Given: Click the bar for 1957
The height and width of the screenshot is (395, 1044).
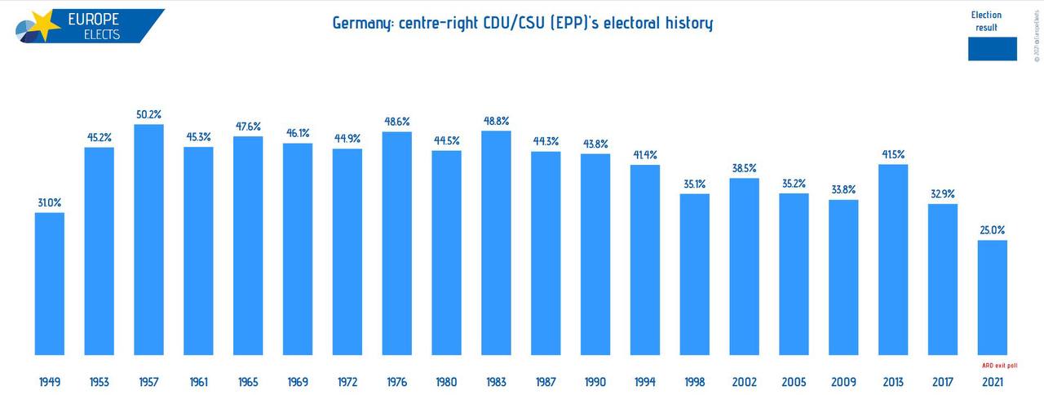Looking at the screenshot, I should click(149, 240).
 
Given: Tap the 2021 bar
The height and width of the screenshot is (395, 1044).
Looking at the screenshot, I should click(993, 298).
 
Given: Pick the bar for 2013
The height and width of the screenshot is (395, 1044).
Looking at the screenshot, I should click(893, 260).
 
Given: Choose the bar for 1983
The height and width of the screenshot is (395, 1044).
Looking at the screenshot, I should click(496, 243).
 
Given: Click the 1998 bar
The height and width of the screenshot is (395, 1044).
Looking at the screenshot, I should click(694, 274).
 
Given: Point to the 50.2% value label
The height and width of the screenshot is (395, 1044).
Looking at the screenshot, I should click(149, 115).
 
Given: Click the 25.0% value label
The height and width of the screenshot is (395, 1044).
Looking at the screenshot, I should click(993, 231).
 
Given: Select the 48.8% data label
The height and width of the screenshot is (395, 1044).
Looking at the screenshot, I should click(496, 121).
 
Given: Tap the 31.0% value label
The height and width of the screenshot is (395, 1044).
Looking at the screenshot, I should click(50, 203).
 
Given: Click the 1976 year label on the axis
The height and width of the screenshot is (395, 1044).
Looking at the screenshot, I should click(396, 381).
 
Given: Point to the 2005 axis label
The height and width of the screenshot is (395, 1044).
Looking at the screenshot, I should click(794, 381).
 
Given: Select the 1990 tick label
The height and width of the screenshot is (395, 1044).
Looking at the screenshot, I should click(595, 381).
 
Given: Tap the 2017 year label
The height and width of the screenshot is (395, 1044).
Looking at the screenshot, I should click(943, 381).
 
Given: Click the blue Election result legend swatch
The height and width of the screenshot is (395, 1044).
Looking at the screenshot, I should click(992, 49).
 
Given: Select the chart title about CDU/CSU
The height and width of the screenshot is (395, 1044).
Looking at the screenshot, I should click(522, 23).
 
